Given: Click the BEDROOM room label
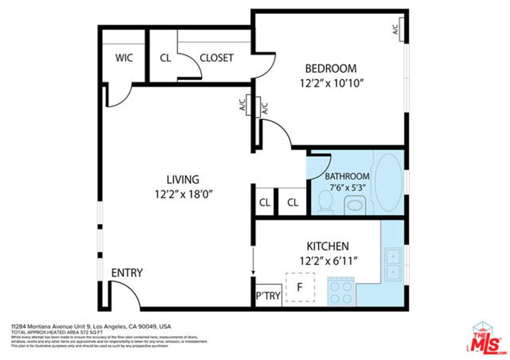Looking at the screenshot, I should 331,69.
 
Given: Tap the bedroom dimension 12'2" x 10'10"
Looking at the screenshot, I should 331,83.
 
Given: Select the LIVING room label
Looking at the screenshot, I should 183,180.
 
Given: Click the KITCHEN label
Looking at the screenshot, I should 327,246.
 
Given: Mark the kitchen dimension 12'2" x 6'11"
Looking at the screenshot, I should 329,260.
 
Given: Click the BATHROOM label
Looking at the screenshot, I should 347,176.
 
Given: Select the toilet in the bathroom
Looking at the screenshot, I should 325,202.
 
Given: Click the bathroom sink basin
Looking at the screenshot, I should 355,206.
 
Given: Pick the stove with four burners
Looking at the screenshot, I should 341,291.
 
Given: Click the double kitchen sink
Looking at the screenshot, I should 393,264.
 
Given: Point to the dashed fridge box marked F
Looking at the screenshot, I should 300,287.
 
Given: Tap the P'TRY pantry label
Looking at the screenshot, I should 268,297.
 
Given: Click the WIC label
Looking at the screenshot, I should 124,58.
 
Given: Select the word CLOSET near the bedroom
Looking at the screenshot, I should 216,58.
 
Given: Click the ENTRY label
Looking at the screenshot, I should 127,273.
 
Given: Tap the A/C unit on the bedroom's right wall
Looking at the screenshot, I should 398,30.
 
